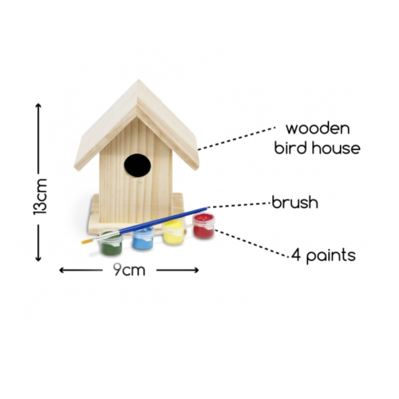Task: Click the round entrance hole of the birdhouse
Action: (x=137, y=165)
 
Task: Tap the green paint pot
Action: (x=111, y=243)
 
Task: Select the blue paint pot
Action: (x=143, y=238)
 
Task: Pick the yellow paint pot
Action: (x=174, y=232)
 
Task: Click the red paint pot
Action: (x=203, y=226)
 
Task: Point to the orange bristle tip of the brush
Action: (x=87, y=242)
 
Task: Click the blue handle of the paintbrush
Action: (x=162, y=220)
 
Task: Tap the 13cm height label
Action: (x=40, y=196)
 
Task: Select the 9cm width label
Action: (x=129, y=270)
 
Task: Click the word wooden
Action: (x=318, y=128)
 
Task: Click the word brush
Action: (x=295, y=203)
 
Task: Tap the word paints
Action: (x=331, y=256)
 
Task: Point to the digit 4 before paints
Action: (x=296, y=255)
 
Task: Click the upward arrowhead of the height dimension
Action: (x=38, y=106)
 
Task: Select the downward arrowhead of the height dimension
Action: (x=38, y=258)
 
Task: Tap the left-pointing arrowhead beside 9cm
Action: (x=62, y=271)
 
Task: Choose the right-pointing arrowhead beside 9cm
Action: (x=196, y=271)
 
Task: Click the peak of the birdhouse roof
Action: (x=138, y=80)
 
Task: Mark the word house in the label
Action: (x=336, y=148)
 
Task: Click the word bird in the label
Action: (x=291, y=148)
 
